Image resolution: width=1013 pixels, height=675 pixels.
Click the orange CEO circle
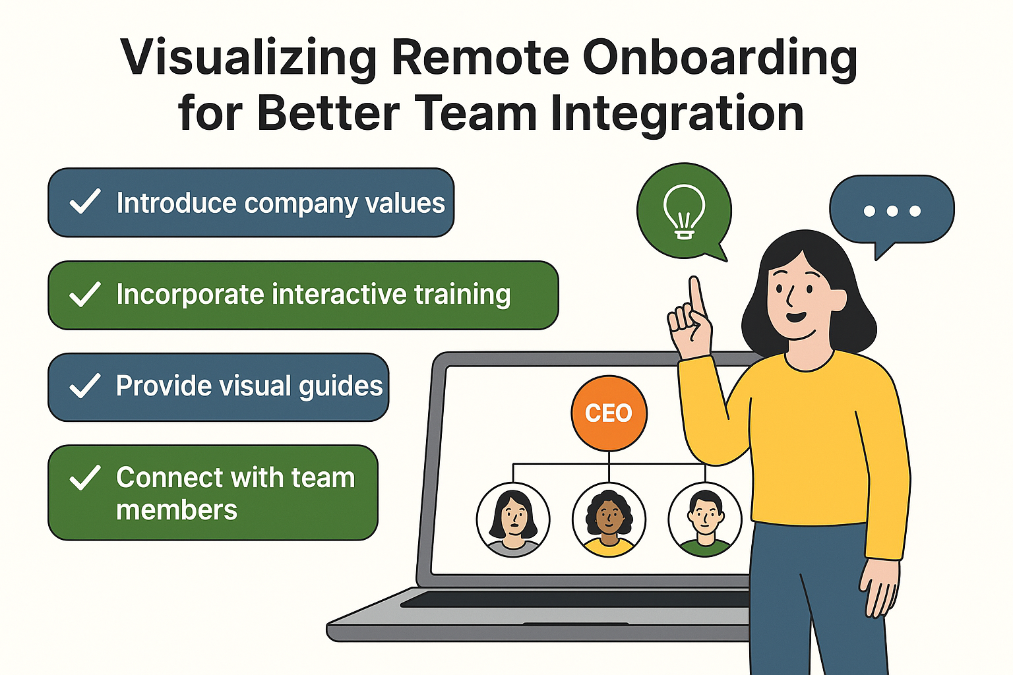(x=609, y=413)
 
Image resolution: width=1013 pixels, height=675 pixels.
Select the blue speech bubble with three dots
(x=892, y=210)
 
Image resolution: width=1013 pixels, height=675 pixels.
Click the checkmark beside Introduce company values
(x=85, y=202)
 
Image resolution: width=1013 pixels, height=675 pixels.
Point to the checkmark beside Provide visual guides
(x=85, y=386)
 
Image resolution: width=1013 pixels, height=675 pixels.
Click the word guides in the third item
(x=340, y=386)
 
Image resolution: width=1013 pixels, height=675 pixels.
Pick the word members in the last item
(x=177, y=510)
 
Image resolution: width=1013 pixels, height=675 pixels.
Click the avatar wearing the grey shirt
(x=513, y=520)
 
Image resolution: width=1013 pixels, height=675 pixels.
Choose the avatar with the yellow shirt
(x=609, y=520)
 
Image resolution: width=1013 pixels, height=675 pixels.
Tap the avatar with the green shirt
(x=704, y=520)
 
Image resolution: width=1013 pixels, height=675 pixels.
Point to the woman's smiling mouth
(x=796, y=317)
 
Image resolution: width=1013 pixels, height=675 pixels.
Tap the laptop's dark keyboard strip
(x=574, y=599)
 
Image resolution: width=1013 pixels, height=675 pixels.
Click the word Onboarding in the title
(x=720, y=58)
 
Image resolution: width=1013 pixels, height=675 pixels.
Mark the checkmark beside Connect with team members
(x=85, y=478)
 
